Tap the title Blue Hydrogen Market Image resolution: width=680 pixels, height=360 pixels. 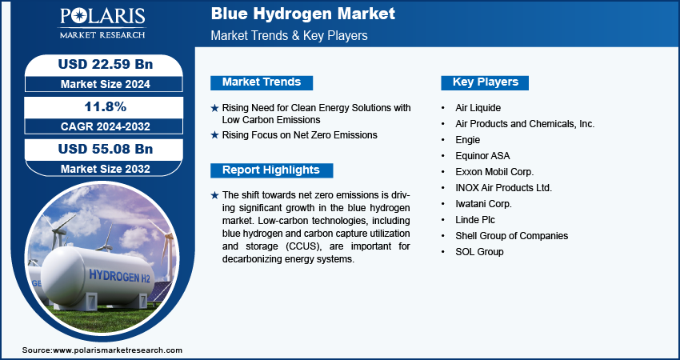pos(302,14)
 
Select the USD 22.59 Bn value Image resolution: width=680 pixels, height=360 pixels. pos(106,64)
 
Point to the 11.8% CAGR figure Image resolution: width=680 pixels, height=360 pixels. pos(106,106)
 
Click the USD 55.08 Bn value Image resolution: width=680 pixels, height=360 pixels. pos(106,149)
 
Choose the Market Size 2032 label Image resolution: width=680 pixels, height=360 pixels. pos(106,169)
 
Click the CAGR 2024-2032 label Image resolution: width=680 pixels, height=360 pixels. pos(106,126)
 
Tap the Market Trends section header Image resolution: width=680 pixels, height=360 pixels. pos(262,82)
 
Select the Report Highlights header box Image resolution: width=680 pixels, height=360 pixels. pos(271,170)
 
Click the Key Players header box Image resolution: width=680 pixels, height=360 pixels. pos(485,82)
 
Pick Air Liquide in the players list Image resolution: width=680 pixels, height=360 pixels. pos(478,107)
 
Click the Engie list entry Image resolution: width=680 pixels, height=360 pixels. pos(467,140)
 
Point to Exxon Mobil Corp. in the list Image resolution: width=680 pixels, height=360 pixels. pos(494,172)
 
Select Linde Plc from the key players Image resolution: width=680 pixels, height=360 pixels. pos(475,220)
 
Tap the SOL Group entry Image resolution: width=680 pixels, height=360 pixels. pos(479,251)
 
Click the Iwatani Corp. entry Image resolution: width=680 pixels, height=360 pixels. pos(483,204)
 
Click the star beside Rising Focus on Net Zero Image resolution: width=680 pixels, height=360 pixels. pos(214,135)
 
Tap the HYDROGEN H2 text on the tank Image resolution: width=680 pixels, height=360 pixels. pos(119,276)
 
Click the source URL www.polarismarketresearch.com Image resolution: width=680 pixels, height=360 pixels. pos(117,350)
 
